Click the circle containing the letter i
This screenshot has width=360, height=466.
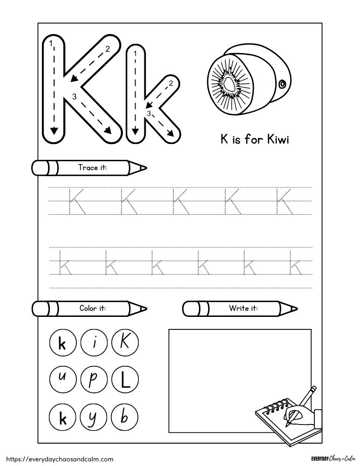pyautogui.click(x=94, y=344)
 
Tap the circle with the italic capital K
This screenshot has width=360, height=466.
pyautogui.click(x=124, y=344)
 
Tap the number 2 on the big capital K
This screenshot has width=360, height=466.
pyautogui.click(x=108, y=48)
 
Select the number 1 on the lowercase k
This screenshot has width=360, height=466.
pyautogui.click(x=135, y=54)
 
